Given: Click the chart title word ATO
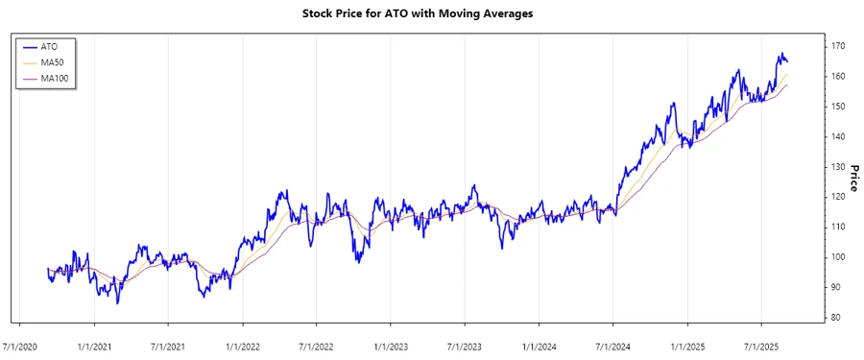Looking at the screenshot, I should pos(384,14).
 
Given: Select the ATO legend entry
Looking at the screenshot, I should pos(49,45).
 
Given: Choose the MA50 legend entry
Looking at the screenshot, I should pos(53,61).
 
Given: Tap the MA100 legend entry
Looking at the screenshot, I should pos(55,78).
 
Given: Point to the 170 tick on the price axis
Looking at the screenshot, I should pos(838,45).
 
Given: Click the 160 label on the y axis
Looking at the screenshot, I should pos(838,76).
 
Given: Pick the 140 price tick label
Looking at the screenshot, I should pos(838,136).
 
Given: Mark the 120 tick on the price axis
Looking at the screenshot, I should pos(838,197).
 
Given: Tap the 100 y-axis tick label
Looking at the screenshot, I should pos(838,257).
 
